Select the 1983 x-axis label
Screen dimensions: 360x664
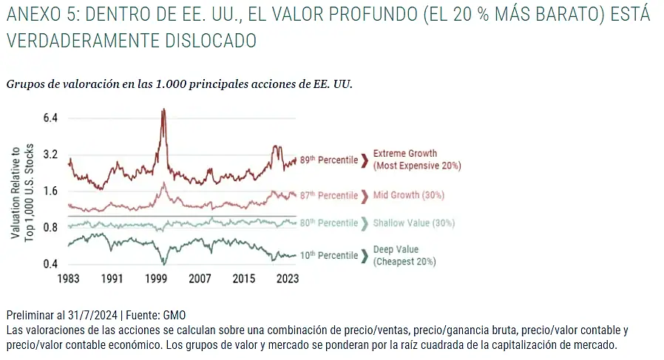[68, 279]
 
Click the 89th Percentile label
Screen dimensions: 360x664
[328, 160]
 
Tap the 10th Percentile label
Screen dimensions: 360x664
[328, 256]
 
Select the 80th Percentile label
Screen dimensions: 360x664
[328, 223]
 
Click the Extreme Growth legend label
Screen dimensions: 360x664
[405, 154]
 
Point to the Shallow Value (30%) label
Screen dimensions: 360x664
[414, 223]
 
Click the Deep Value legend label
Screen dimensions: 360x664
[396, 250]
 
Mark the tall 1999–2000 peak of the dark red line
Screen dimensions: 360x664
[163, 111]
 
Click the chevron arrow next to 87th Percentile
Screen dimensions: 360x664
[365, 196]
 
